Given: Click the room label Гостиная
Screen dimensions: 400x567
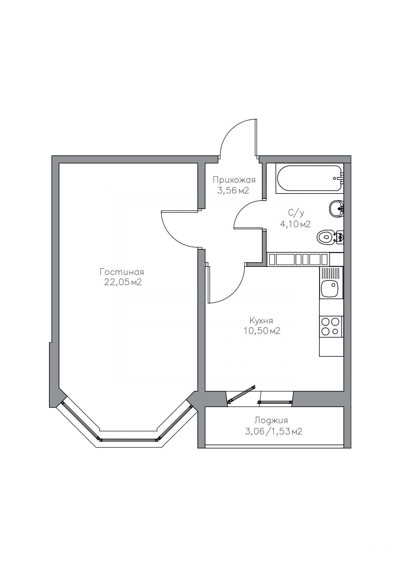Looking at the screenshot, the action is [x=122, y=272].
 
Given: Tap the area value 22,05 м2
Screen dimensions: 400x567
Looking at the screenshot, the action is [x=123, y=282].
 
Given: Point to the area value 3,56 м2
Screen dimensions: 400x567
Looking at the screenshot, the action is [x=233, y=191].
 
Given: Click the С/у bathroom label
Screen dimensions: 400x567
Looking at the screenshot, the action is [x=296, y=213].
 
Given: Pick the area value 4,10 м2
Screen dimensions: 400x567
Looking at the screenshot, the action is [x=295, y=224].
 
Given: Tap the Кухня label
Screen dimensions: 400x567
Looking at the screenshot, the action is [x=261, y=321].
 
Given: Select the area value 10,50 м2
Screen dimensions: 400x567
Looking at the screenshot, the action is [x=262, y=331].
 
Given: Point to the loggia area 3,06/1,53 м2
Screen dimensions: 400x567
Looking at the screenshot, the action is [x=274, y=432].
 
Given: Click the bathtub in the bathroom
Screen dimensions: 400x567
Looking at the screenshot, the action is [x=310, y=179].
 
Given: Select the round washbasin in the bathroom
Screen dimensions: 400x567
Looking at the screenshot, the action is [x=336, y=209].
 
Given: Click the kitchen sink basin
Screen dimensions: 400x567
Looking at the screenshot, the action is [x=329, y=288].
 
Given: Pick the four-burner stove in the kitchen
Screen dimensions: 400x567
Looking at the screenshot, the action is [x=331, y=327].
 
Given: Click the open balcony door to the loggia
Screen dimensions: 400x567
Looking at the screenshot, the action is [x=241, y=394].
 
